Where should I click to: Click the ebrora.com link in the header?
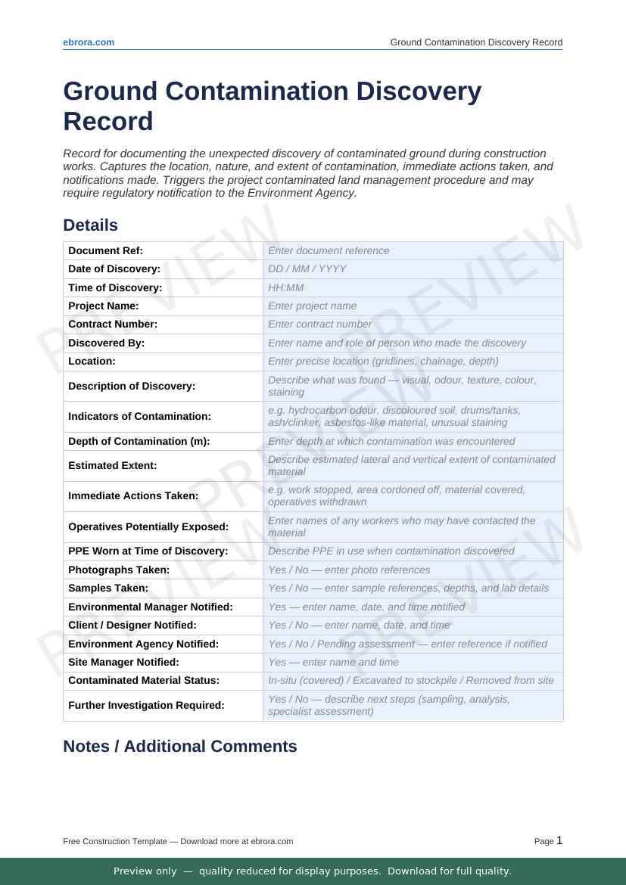click(89, 42)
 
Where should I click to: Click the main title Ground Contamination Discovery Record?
click(272, 106)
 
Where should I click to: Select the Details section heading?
click(90, 225)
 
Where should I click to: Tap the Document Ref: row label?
click(105, 250)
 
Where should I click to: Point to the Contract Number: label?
click(113, 324)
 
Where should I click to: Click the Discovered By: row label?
click(106, 343)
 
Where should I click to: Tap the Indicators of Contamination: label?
click(139, 417)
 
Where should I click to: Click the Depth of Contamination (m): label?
click(139, 441)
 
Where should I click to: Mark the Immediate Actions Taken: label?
click(133, 496)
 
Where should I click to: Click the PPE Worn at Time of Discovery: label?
click(148, 551)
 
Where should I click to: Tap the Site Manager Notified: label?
click(123, 663)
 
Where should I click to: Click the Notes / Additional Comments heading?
click(179, 747)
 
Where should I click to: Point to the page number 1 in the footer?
click(559, 840)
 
